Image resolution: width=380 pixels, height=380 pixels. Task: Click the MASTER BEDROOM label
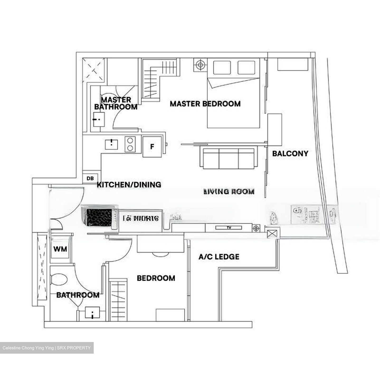[x=205, y=104]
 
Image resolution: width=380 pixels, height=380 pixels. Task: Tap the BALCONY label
[x=290, y=154]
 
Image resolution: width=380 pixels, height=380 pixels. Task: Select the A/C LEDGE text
[x=219, y=257]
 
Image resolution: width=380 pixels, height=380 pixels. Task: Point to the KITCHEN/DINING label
[x=129, y=185]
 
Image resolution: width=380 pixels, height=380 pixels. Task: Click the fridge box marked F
[x=152, y=147]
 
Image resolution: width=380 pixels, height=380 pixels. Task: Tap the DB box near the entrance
[x=90, y=179]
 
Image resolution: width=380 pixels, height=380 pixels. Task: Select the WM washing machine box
[x=60, y=249]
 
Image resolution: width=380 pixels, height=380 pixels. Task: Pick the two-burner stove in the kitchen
[x=130, y=144]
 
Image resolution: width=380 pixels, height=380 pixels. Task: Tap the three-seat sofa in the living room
[x=229, y=158]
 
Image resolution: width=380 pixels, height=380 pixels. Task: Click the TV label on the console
[x=229, y=227]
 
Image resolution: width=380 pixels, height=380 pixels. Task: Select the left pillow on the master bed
[x=222, y=68]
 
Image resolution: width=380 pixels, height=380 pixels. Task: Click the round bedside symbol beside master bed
[x=200, y=65]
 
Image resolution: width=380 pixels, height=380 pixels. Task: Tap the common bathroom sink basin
[x=92, y=313]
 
